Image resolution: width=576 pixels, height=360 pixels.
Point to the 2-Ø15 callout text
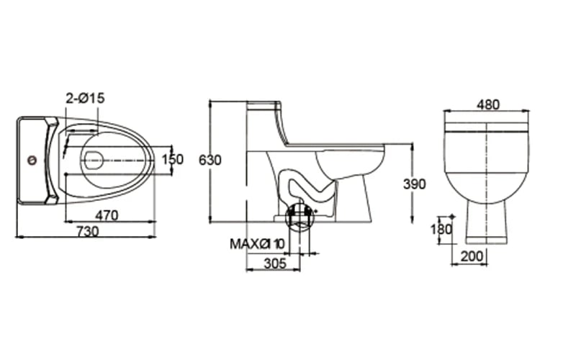click(x=86, y=98)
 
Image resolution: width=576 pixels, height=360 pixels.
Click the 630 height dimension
click(x=210, y=160)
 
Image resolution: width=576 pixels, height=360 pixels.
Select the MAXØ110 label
click(x=257, y=243)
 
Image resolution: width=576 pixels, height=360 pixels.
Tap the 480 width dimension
click(x=487, y=104)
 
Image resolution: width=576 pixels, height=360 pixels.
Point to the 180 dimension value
click(x=443, y=230)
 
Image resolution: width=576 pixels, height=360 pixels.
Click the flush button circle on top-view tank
click(x=30, y=161)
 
